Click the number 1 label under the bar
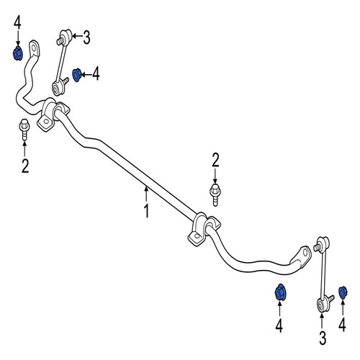pyautogui.click(x=146, y=211)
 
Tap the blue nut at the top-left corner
pyautogui.click(x=17, y=53)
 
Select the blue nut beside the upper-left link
pyautogui.click(x=77, y=75)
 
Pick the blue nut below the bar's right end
pyautogui.click(x=279, y=292)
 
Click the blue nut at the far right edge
pyautogui.click(x=343, y=292)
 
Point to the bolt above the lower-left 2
pyautogui.click(x=24, y=130)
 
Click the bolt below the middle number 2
pyautogui.click(x=215, y=195)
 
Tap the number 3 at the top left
pyautogui.click(x=86, y=37)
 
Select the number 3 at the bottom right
pyautogui.click(x=323, y=338)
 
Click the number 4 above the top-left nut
pyautogui.click(x=17, y=22)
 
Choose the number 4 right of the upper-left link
pyautogui.click(x=96, y=73)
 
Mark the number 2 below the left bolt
pyautogui.click(x=25, y=166)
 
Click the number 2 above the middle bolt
pyautogui.click(x=215, y=161)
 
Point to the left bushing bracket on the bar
pyautogui.click(x=53, y=114)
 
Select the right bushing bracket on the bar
pyautogui.click(x=204, y=229)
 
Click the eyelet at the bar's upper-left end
pyautogui.click(x=35, y=49)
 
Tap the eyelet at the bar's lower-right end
pyautogui.click(x=303, y=255)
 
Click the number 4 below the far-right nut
pyautogui.click(x=342, y=325)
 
